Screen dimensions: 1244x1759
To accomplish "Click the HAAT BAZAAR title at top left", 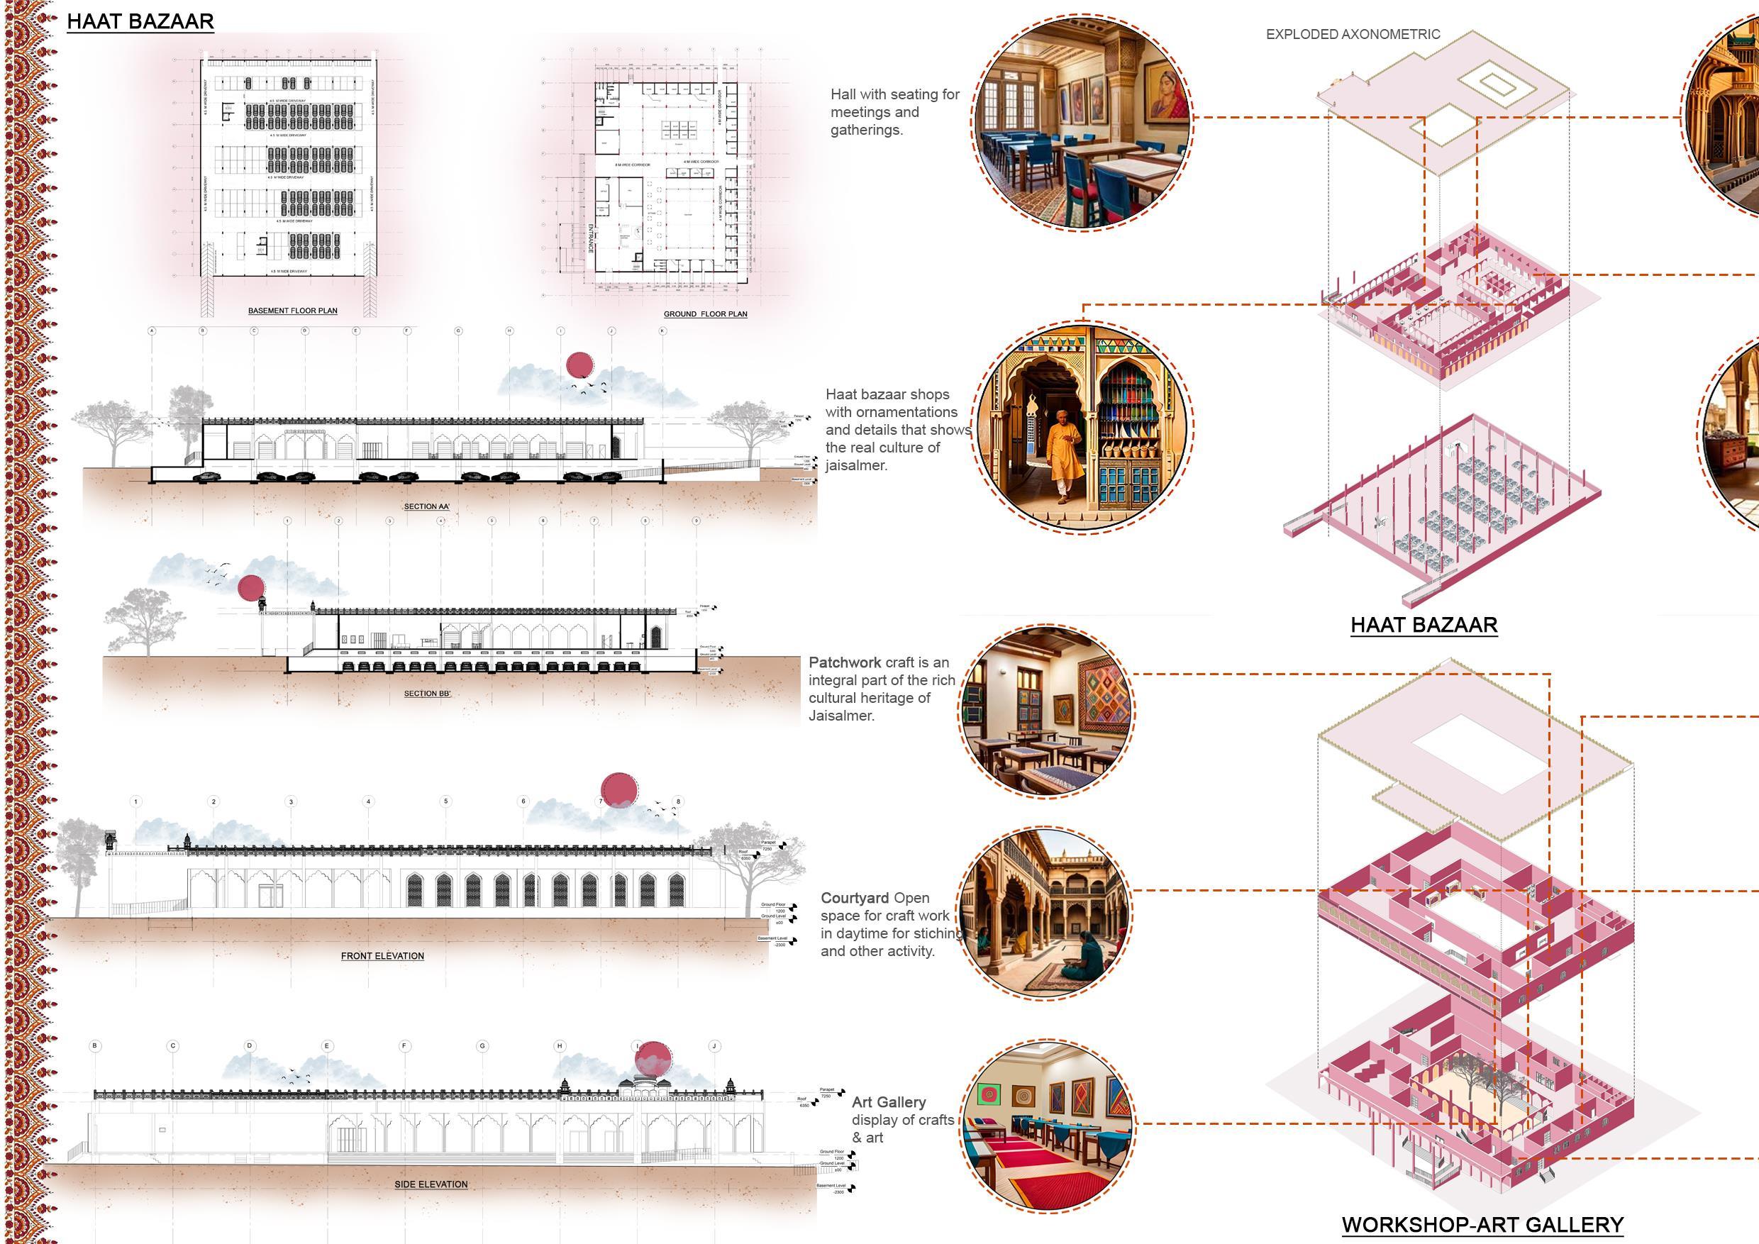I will click(x=140, y=21).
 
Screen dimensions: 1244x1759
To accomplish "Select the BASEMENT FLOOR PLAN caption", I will click(x=293, y=311).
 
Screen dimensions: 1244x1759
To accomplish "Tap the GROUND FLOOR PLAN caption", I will click(x=705, y=314).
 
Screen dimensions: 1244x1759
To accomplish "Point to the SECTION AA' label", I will click(x=427, y=506).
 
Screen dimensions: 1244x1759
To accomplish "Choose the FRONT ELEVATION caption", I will click(x=382, y=956).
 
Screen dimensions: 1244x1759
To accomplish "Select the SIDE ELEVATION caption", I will click(x=431, y=1184).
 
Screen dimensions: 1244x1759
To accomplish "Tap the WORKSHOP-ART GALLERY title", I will click(x=1482, y=1225).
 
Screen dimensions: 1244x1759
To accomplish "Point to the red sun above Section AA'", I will click(x=580, y=365).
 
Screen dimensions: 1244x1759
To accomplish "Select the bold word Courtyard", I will click(x=854, y=898).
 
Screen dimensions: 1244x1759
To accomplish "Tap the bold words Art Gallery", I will click(x=889, y=1102).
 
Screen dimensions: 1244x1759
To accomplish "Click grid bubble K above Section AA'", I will click(x=662, y=331).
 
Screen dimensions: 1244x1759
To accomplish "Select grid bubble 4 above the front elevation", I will click(x=369, y=802).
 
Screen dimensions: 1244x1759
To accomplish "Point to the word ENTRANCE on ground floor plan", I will click(x=591, y=238).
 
